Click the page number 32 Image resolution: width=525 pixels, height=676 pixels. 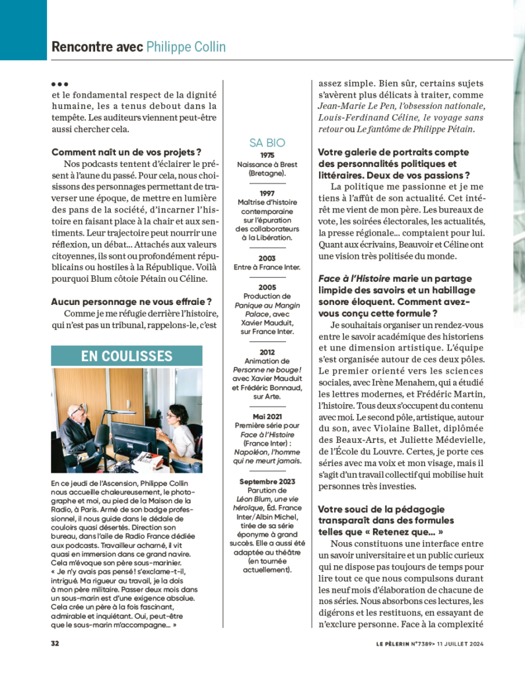[x=55, y=642]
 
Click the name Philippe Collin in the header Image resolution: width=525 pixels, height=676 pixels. [x=186, y=47]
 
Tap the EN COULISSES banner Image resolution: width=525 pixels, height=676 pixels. [x=127, y=356]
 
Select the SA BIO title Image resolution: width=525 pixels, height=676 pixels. [x=267, y=143]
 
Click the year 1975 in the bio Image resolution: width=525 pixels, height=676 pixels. [x=267, y=155]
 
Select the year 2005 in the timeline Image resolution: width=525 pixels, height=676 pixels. [x=267, y=287]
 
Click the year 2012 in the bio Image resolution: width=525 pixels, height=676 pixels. [x=267, y=352]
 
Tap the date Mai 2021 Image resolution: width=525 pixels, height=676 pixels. [x=267, y=417]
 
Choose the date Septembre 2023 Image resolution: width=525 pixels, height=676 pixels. [x=267, y=481]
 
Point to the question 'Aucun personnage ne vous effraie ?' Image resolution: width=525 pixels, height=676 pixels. [x=131, y=302]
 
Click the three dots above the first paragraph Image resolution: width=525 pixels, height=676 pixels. [x=59, y=84]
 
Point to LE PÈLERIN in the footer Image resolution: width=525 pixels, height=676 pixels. [x=392, y=642]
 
